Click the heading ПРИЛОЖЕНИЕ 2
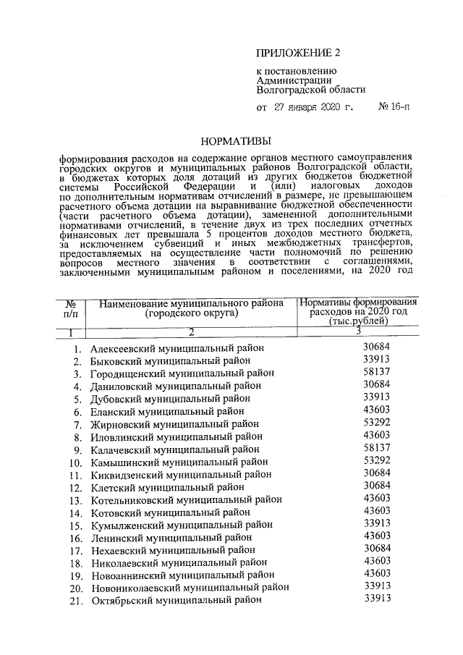[x=298, y=53]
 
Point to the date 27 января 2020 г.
[x=313, y=108]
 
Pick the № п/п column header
[x=70, y=309]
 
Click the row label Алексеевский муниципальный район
[x=172, y=348]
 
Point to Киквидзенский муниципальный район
[x=181, y=474]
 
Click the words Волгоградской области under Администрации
[x=311, y=90]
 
